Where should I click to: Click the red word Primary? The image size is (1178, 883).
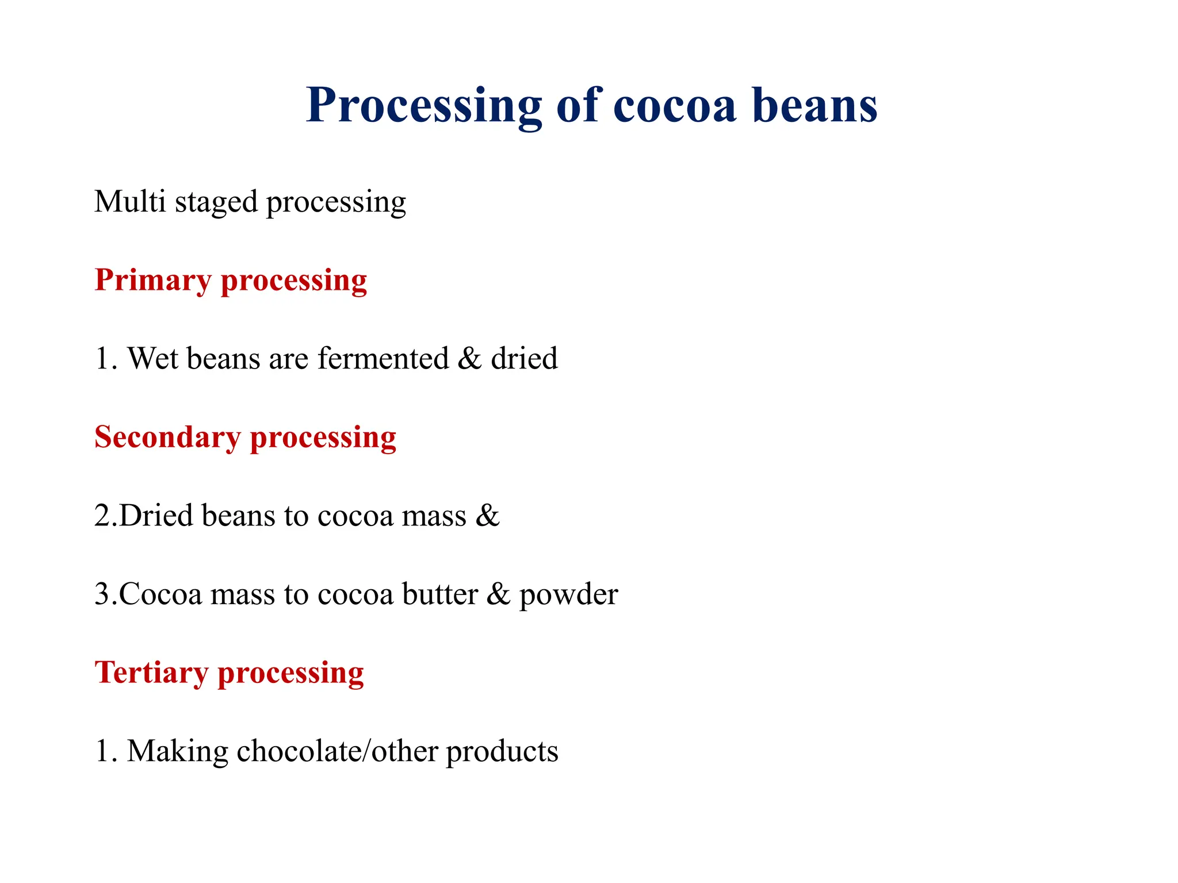(x=153, y=282)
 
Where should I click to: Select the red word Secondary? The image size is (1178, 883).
(x=167, y=437)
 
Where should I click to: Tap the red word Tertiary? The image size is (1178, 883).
(x=151, y=673)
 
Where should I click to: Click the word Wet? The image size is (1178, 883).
(x=153, y=359)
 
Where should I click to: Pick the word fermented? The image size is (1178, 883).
(x=383, y=359)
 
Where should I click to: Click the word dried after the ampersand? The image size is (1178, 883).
(x=524, y=359)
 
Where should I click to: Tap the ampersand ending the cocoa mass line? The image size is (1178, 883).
(x=488, y=516)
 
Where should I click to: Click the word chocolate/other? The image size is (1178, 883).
(x=337, y=751)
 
